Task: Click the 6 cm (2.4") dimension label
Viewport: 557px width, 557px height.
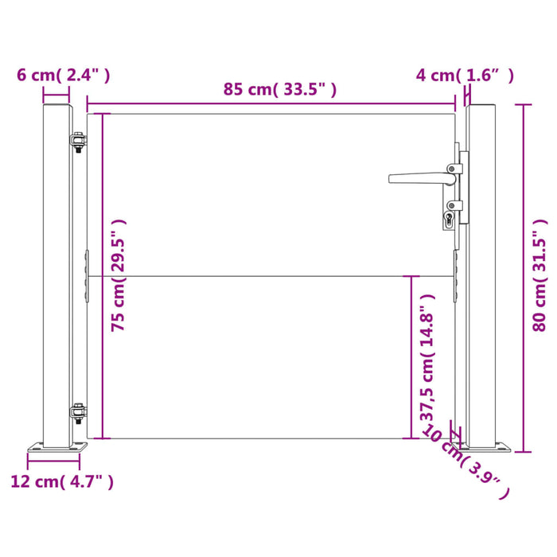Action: pos(64,75)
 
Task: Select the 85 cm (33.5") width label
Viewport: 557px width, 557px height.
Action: pos(279,89)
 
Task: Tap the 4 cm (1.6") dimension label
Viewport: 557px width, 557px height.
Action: pos(465,75)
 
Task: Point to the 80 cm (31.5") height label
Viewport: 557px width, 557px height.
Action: pos(540,275)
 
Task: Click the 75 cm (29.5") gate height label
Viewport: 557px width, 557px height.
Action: pos(119,275)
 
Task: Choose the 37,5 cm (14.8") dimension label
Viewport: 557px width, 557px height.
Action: pos(427,358)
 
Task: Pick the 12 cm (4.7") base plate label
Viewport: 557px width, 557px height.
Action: pos(62,481)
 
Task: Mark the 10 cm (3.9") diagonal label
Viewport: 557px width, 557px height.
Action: pos(465,461)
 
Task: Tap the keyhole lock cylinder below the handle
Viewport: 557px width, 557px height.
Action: pos(449,218)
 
